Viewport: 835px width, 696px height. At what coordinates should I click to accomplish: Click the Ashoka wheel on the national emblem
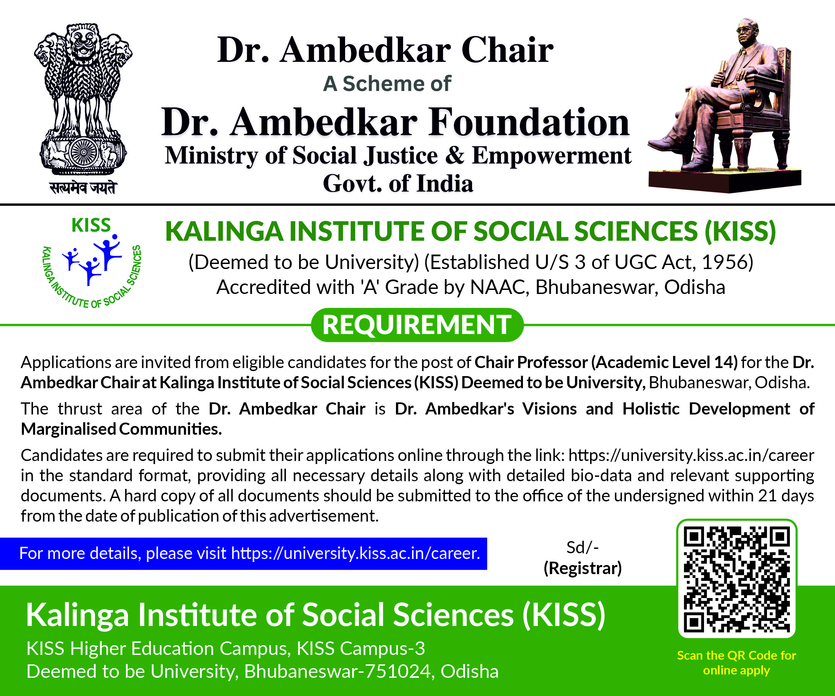coord(83,152)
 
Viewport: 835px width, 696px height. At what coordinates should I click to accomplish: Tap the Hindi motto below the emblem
coord(83,187)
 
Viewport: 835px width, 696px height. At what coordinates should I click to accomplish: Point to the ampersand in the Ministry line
coord(455,155)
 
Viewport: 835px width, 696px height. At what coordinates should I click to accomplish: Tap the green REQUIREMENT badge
coord(417,325)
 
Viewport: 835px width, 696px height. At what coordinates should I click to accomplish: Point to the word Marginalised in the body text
coord(68,429)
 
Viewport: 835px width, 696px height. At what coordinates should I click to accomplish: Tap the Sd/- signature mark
coord(582,548)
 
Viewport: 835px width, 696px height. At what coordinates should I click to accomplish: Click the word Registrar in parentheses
coord(582,568)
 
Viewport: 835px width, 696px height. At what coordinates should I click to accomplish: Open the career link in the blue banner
coord(356,553)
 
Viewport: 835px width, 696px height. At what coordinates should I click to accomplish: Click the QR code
coord(736,579)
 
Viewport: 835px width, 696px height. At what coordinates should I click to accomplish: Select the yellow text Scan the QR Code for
coord(736,655)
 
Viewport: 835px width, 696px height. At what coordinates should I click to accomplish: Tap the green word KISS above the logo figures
coord(91,225)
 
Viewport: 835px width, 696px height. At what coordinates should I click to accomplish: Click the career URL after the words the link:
coord(691,455)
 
